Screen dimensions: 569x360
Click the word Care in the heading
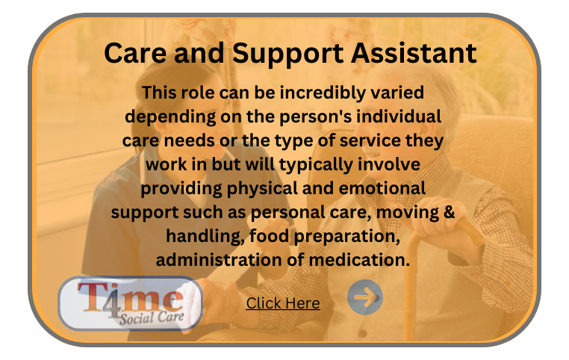click(x=135, y=53)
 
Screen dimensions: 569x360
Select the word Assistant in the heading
click(x=414, y=53)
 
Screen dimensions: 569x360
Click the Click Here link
click(x=283, y=303)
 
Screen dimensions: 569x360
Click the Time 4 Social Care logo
click(x=130, y=303)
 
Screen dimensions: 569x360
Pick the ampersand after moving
click(x=449, y=212)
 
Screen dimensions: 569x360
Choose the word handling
click(x=205, y=237)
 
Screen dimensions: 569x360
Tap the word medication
click(x=359, y=260)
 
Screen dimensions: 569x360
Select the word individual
click(x=399, y=117)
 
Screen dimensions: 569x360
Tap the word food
click(x=270, y=236)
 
